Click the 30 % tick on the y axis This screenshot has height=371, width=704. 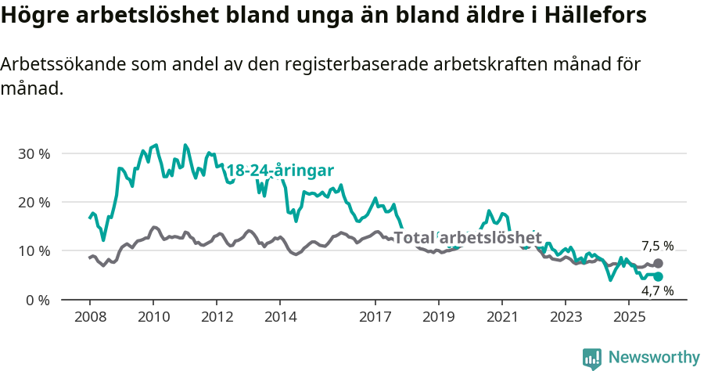[34, 153]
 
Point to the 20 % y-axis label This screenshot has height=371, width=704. [34, 202]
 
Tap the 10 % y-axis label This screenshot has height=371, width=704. [34, 250]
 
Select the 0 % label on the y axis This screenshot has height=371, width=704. [38, 300]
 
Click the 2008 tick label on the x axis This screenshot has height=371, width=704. [89, 317]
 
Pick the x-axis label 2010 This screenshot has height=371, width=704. [153, 317]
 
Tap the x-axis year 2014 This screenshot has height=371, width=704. [280, 317]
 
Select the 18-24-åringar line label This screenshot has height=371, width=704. [280, 171]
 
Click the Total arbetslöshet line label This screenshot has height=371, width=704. [467, 237]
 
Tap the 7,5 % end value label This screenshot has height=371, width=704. [657, 246]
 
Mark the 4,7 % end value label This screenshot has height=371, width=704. [657, 291]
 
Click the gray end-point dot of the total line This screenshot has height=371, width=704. [658, 264]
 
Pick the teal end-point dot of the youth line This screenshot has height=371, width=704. [658, 277]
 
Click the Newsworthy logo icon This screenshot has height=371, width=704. [592, 358]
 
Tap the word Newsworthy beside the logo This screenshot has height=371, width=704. [654, 357]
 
